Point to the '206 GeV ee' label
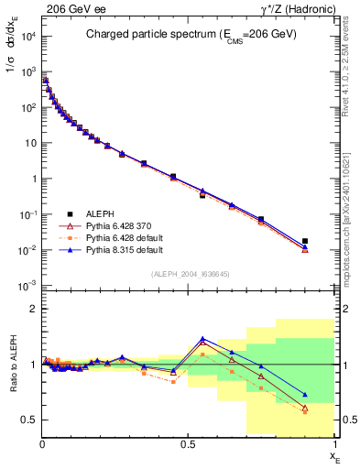(74, 9)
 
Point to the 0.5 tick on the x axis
(189, 442)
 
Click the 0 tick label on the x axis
(42, 442)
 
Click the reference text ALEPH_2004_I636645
(189, 274)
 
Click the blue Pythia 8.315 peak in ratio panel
(202, 339)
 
